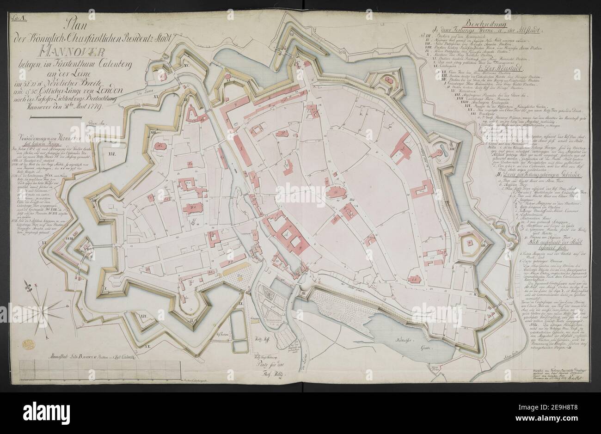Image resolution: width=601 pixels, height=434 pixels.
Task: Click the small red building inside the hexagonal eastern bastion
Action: [x=473, y=248]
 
